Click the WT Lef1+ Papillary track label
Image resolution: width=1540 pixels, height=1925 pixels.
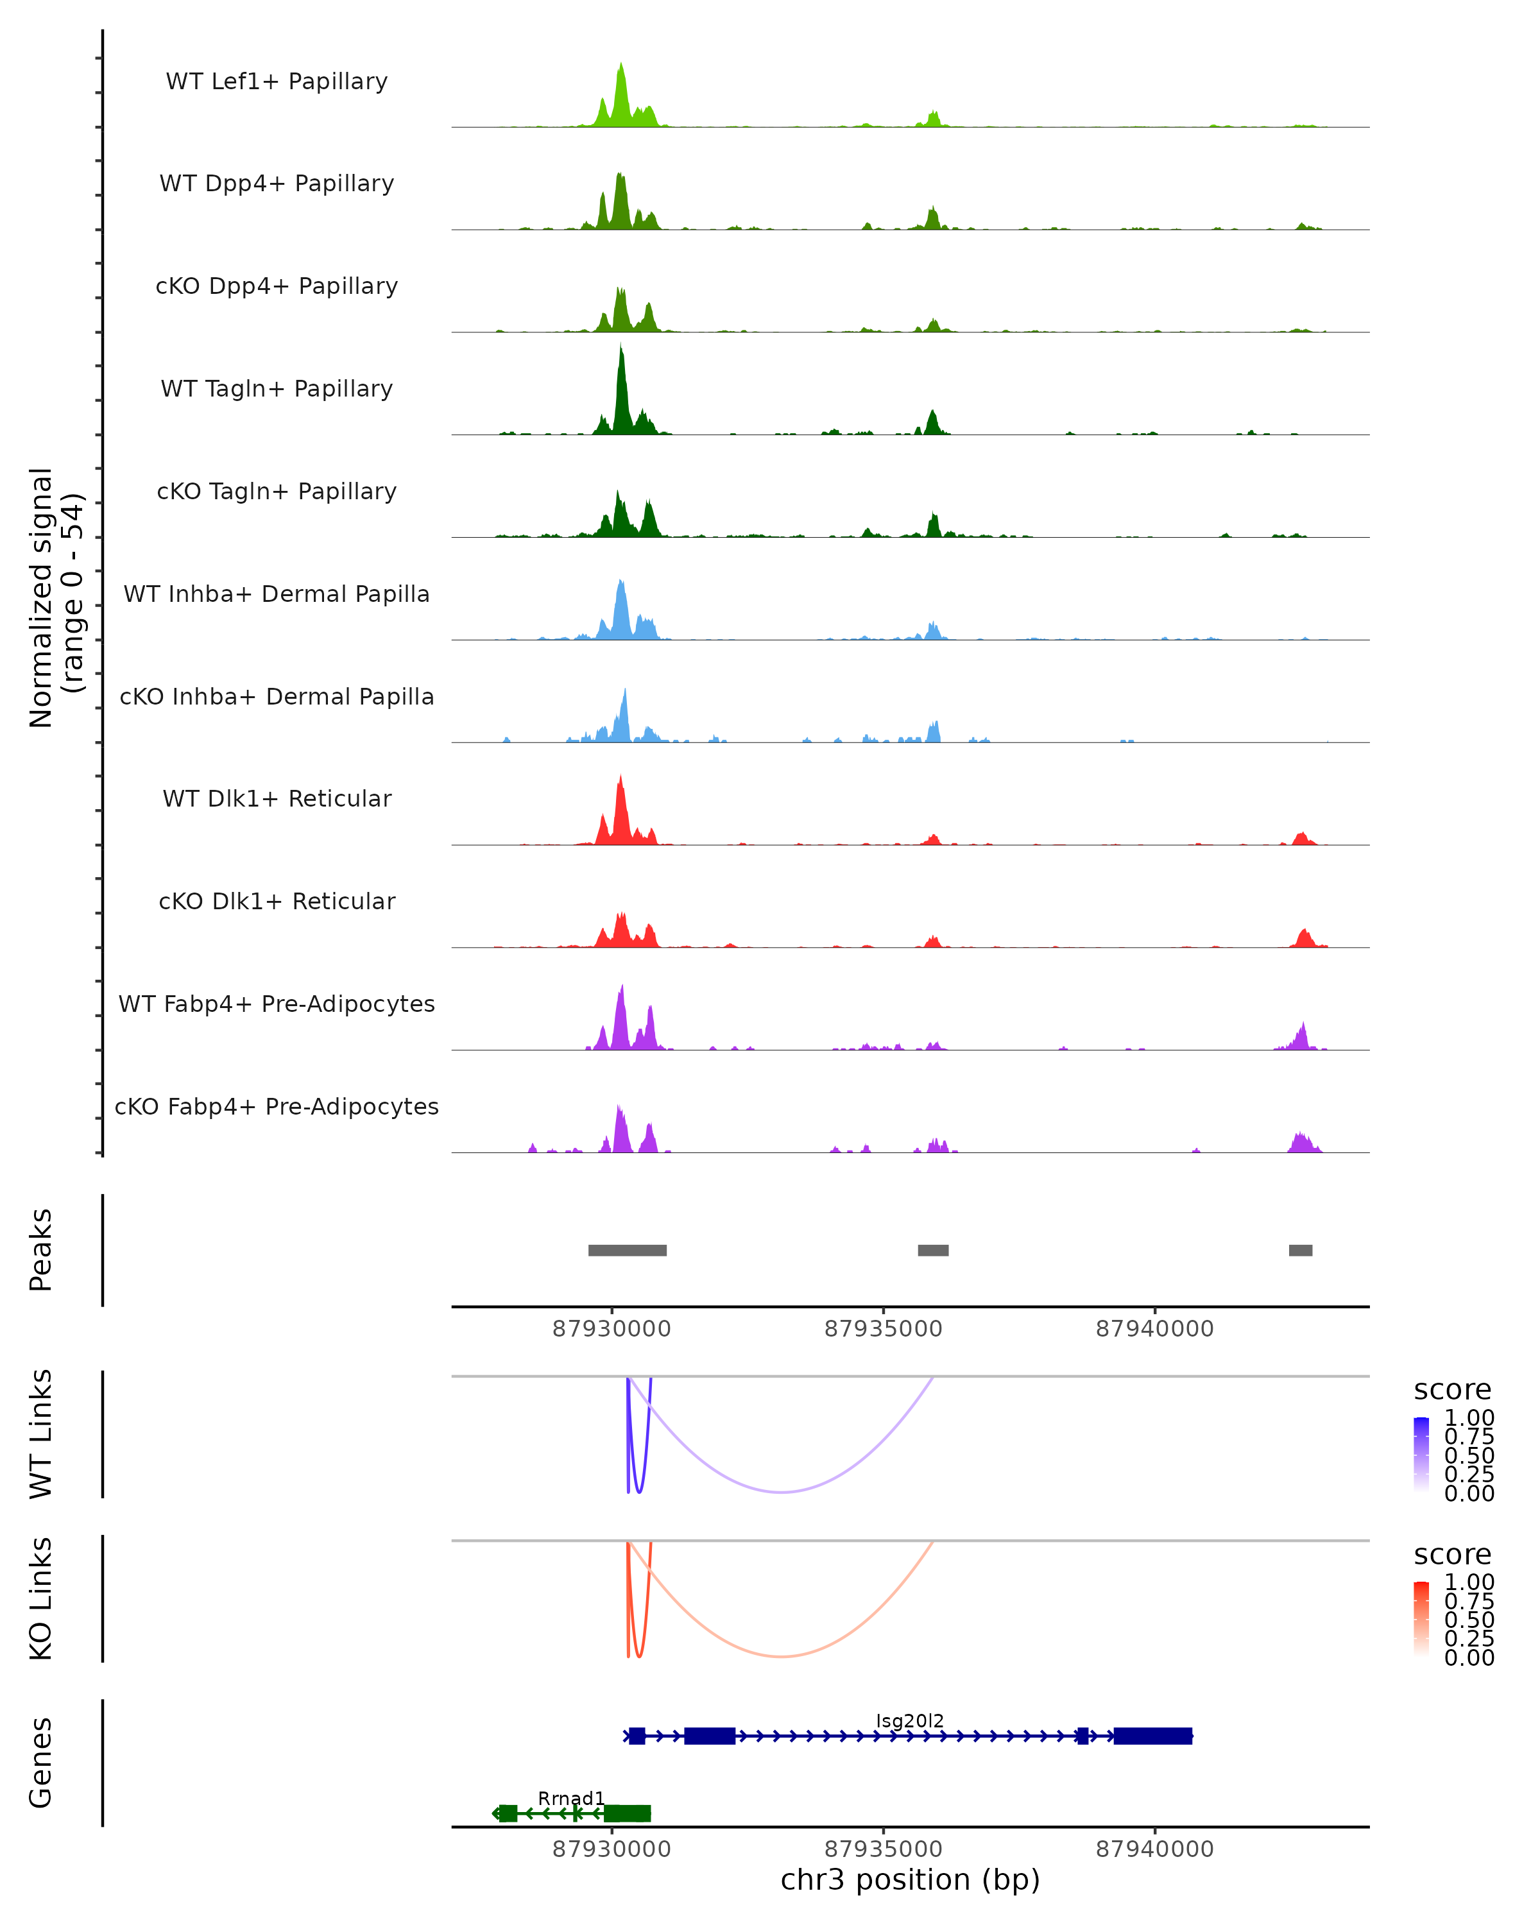click(x=277, y=81)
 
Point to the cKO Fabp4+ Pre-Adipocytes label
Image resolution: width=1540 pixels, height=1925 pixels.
click(x=277, y=1106)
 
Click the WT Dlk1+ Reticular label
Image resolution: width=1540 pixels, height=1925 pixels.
click(x=277, y=798)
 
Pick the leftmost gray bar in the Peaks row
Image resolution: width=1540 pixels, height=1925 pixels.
click(x=627, y=1250)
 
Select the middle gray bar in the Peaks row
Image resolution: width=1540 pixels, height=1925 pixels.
click(x=933, y=1250)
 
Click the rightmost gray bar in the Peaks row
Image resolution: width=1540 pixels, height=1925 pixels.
click(x=1300, y=1250)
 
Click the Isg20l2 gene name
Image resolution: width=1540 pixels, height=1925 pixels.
click(x=910, y=1720)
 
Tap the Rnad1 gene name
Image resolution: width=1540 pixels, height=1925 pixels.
click(x=571, y=1798)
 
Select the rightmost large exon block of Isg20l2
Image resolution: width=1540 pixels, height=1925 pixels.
click(x=1152, y=1736)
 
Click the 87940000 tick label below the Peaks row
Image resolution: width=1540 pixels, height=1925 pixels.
click(x=1154, y=1329)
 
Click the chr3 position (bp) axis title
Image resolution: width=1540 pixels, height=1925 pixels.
click(x=910, y=1879)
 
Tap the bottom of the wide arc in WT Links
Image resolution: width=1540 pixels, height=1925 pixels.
click(x=781, y=1492)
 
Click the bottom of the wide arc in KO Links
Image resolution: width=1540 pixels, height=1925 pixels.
click(x=781, y=1656)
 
